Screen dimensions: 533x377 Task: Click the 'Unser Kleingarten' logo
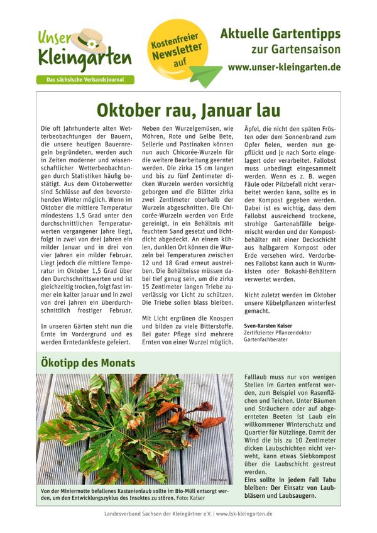point(84,50)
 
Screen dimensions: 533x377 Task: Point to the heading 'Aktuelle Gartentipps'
point(289,33)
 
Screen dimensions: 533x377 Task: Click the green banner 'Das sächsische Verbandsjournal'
point(80,80)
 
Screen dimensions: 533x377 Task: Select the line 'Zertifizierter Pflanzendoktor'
point(279,332)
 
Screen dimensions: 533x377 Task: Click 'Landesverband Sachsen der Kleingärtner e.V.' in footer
point(158,514)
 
